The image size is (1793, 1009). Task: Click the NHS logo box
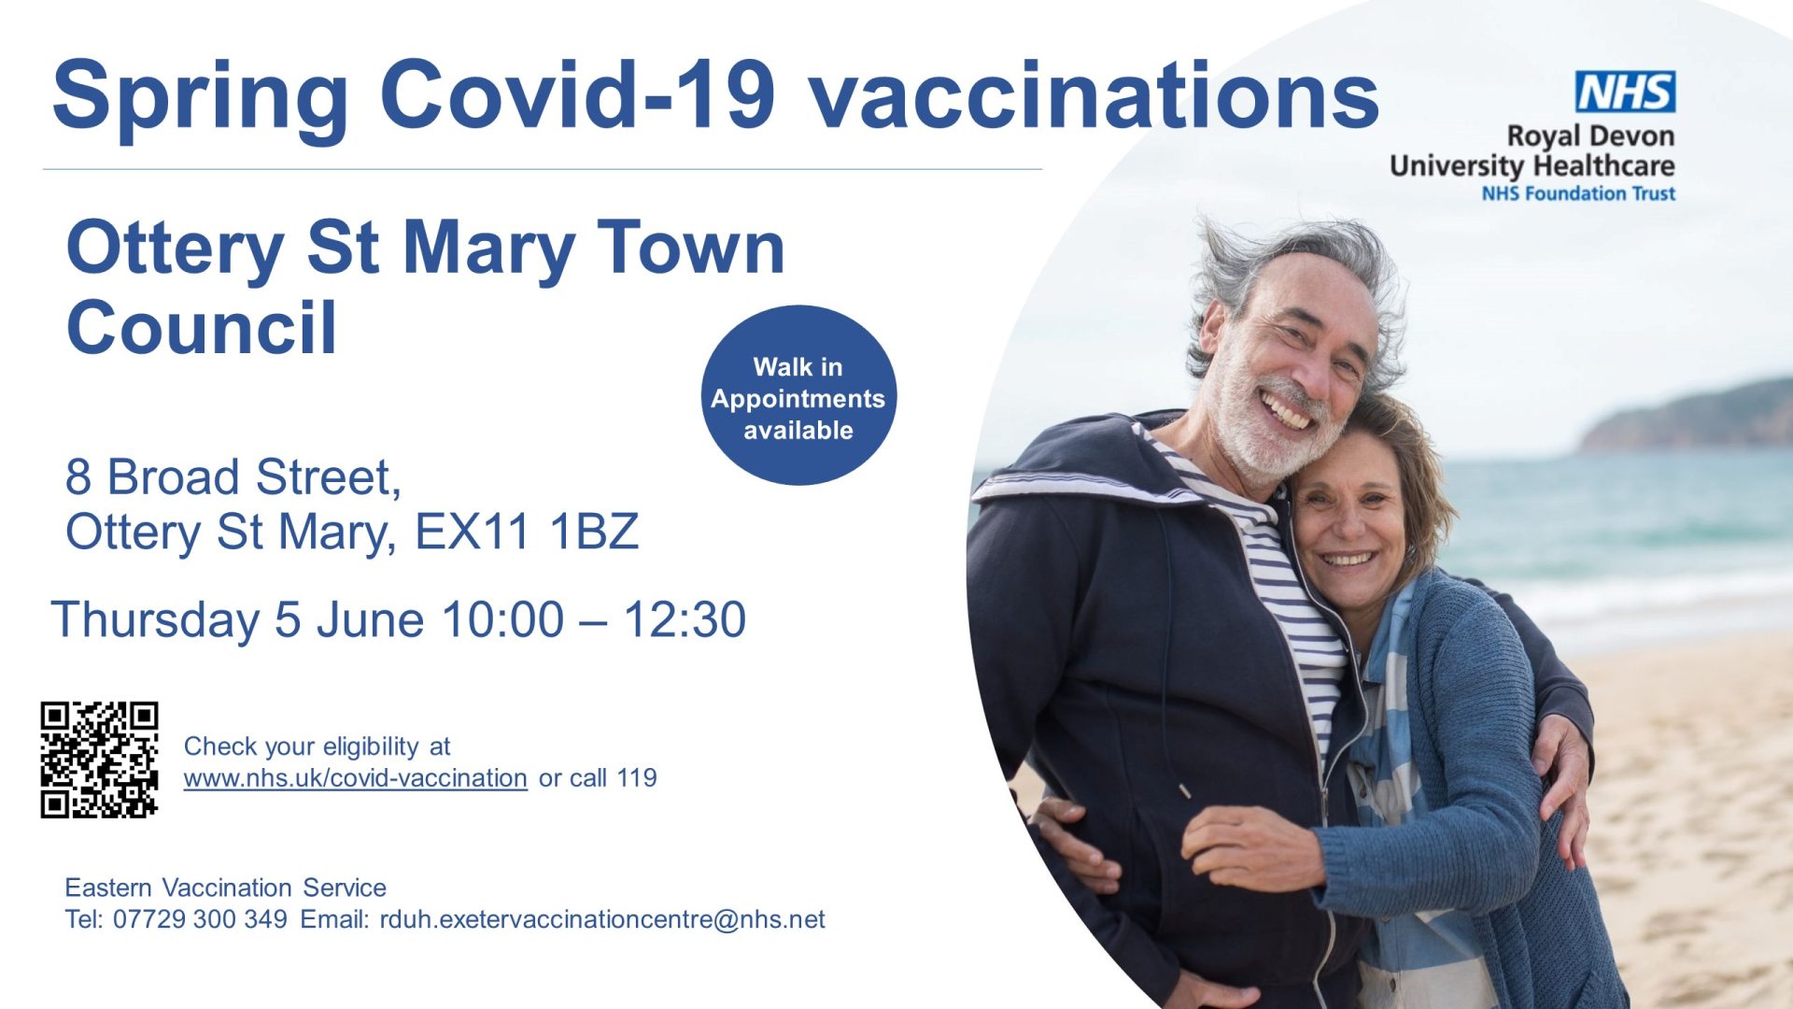point(1625,92)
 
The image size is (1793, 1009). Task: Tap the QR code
point(99,760)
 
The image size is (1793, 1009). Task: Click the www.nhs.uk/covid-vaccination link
point(355,777)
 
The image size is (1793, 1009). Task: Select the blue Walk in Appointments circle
point(798,395)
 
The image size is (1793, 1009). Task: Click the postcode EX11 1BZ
point(527,532)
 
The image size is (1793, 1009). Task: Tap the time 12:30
point(685,619)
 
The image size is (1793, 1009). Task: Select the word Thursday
point(156,621)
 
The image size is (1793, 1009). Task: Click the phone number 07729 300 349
point(200,919)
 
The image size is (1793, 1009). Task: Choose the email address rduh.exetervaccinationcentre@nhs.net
point(602,919)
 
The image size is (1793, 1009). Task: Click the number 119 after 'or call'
point(637,777)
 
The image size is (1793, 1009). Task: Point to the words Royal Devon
point(1590,137)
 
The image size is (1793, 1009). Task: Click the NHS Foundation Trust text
point(1578,193)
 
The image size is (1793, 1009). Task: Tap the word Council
point(201,328)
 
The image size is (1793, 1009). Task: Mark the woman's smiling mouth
point(1348,560)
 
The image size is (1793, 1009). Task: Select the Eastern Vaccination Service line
point(225,888)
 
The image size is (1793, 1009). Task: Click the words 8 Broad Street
point(233,477)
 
